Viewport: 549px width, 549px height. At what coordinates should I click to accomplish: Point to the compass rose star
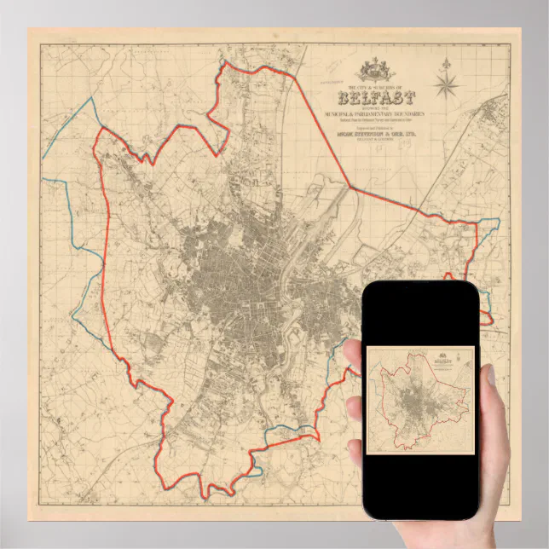click(447, 85)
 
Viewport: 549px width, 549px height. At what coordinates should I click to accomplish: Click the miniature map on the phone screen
click(420, 401)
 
